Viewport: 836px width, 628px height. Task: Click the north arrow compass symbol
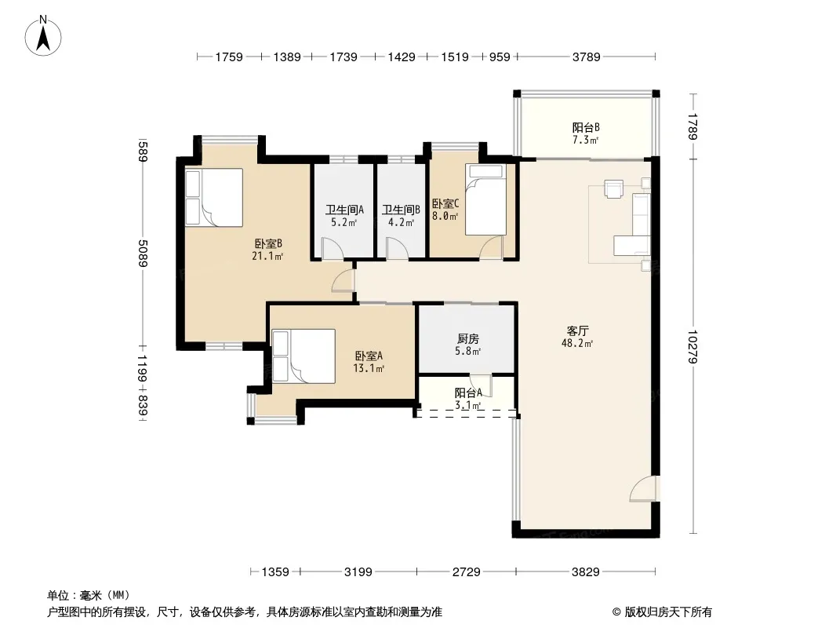[x=43, y=36]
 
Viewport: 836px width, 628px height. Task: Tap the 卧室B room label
[x=268, y=244]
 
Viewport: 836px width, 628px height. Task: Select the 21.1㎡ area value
[x=267, y=256]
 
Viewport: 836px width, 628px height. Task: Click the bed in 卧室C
[x=485, y=199]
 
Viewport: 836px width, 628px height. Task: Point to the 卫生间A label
[x=344, y=210]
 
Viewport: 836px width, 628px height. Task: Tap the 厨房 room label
[x=467, y=339]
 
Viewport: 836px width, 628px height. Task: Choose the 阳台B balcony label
[x=586, y=127]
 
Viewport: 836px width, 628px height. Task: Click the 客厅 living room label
[x=577, y=330]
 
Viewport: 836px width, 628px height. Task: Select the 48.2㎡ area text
[x=577, y=344]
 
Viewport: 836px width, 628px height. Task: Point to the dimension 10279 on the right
[x=692, y=347]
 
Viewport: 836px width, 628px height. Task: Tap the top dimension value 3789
[x=586, y=57]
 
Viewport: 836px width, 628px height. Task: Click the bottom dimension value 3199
[x=358, y=572]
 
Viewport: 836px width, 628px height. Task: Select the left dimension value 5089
[x=143, y=254]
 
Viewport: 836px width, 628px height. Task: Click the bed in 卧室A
[x=304, y=356]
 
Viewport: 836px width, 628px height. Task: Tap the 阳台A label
[x=468, y=393]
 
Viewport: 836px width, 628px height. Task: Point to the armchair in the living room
[x=614, y=189]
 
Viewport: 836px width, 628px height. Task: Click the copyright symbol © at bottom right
[x=616, y=612]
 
